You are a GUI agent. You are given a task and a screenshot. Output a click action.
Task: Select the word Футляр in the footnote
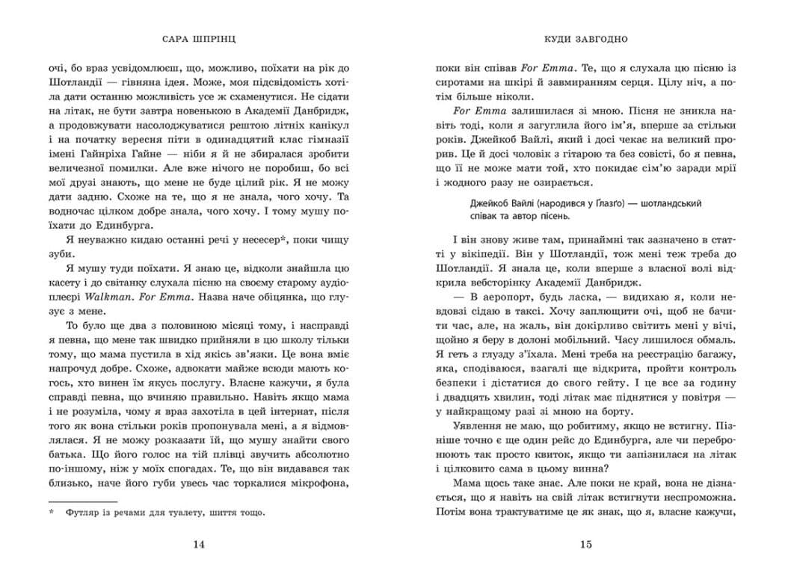[x=84, y=513]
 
